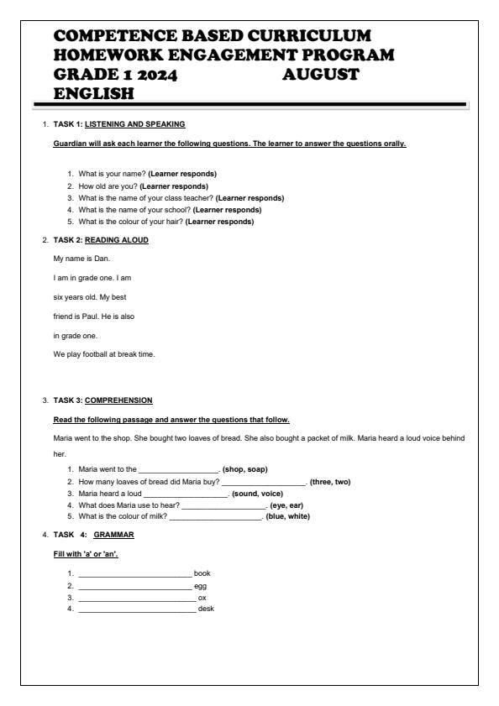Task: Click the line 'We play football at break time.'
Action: [104, 354]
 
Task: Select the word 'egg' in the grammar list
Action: [200, 585]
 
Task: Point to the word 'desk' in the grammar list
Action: [205, 609]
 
